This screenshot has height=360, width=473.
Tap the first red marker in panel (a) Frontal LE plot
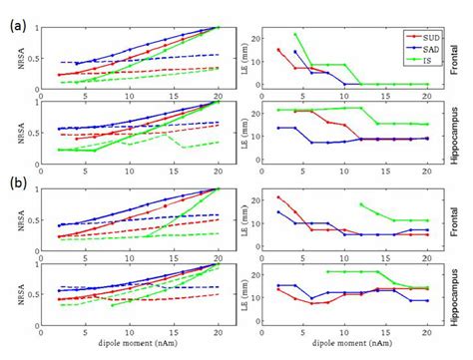(278, 50)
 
